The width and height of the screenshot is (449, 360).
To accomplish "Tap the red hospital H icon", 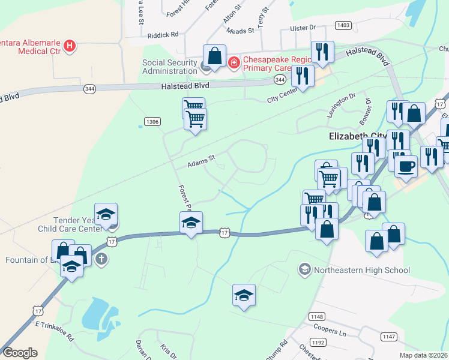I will tap(70, 46).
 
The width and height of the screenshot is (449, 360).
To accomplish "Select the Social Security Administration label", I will tap(169, 67).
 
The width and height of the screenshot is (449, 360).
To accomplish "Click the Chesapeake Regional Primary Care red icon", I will tap(234, 61).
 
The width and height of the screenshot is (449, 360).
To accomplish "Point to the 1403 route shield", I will tap(343, 25).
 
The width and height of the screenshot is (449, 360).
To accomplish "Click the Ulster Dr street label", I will tap(303, 28).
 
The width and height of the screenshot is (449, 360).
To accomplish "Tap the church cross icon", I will tap(102, 259).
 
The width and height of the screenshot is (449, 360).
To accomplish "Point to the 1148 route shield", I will tap(316, 316).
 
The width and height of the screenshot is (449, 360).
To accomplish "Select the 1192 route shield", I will tap(318, 343).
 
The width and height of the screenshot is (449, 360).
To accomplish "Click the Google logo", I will tap(20, 353).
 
